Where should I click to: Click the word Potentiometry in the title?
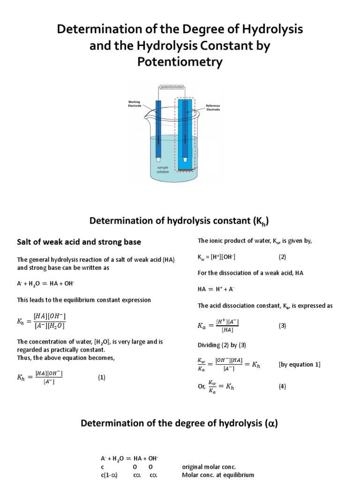[180, 62]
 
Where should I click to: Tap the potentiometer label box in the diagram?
[172, 87]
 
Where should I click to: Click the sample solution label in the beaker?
[162, 169]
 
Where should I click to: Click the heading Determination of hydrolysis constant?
[180, 221]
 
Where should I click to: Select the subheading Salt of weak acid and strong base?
[79, 242]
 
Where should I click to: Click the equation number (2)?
[282, 257]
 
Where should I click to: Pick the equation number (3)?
[282, 326]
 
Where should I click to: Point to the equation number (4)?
[282, 386]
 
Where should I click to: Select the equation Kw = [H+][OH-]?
[217, 257]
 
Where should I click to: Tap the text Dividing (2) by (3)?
[222, 345]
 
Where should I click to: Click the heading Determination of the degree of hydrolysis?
[180, 424]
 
